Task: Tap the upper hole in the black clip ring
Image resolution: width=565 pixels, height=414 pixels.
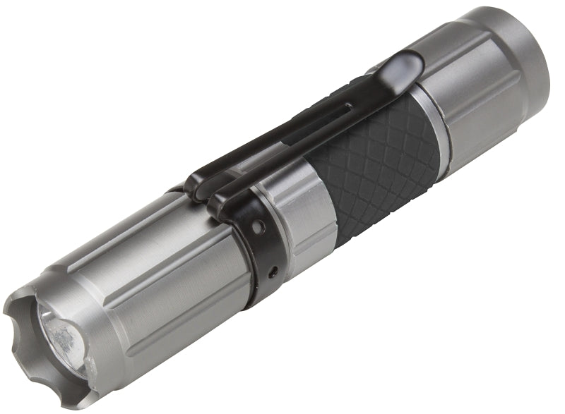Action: click(x=258, y=227)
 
